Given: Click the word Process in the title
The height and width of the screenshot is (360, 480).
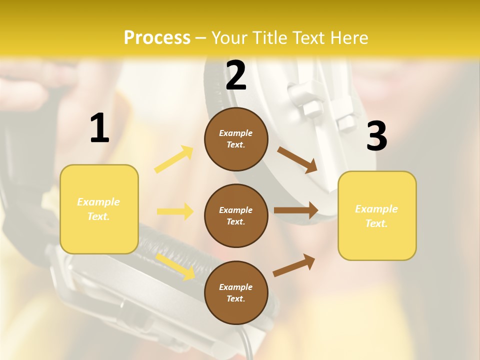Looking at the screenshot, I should (x=157, y=38).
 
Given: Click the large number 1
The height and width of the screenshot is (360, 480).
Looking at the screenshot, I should (x=99, y=128).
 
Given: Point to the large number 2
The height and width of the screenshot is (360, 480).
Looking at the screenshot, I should (x=236, y=75).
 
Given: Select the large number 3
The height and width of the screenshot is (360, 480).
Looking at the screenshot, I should (x=376, y=136).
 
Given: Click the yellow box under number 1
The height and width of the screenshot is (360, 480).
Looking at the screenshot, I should (x=99, y=209).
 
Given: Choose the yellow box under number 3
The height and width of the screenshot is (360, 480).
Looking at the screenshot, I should (x=377, y=216).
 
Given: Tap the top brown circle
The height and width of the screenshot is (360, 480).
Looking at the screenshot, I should (x=236, y=139).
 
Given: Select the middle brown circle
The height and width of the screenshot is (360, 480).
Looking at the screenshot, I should (x=236, y=215).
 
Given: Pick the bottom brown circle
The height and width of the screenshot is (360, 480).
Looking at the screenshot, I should (x=236, y=292).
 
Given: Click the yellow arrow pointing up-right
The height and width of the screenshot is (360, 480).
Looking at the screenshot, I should (x=174, y=159).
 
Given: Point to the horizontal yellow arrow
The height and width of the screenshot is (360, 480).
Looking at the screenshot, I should (x=175, y=211).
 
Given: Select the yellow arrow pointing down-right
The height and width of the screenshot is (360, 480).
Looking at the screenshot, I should (x=175, y=266).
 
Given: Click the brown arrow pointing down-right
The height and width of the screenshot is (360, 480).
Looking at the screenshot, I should (x=297, y=159).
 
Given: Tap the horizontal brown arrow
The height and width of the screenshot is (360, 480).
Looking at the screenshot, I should (x=296, y=210).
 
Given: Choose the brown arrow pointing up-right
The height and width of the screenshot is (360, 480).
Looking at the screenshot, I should (x=294, y=265).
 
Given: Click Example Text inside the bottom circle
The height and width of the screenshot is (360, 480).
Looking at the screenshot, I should (x=236, y=293).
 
